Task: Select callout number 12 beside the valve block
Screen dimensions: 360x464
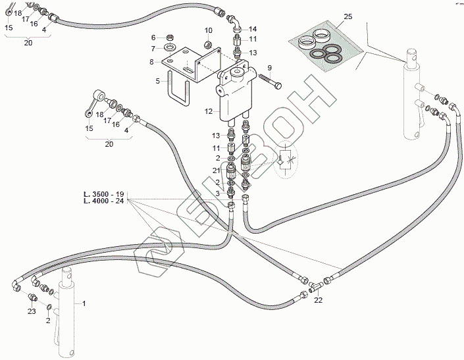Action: pyautogui.click(x=208, y=112)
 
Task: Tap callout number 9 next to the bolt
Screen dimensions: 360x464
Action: pyautogui.click(x=269, y=67)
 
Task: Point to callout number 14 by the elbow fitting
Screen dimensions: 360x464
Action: pyautogui.click(x=253, y=29)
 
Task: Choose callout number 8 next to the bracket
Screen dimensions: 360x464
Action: pyautogui.click(x=153, y=38)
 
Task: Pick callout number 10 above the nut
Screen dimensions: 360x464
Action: pyautogui.click(x=208, y=31)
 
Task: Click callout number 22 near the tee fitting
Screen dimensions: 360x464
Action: pyautogui.click(x=318, y=300)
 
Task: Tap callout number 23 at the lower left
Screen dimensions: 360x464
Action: pyautogui.click(x=32, y=312)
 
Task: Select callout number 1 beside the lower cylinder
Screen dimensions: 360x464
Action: pyautogui.click(x=84, y=303)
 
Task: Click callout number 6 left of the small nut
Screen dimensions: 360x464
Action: pyautogui.click(x=153, y=38)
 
